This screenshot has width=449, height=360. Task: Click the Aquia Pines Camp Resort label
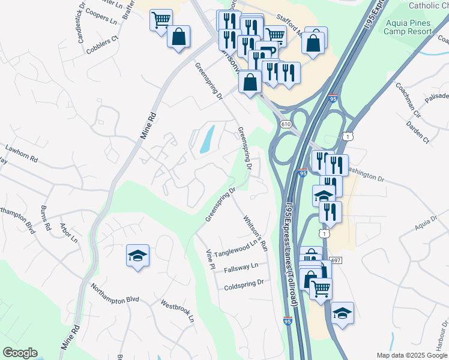tap(408, 27)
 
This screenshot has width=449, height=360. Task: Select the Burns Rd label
tap(44, 219)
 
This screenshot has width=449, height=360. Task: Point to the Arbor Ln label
tap(69, 232)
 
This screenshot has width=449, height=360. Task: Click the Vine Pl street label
tap(210, 258)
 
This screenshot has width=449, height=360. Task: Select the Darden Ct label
tap(418, 133)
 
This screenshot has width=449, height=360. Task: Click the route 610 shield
tap(285, 124)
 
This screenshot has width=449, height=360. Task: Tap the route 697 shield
tap(336, 260)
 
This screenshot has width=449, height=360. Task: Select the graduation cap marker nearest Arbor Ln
tap(137, 255)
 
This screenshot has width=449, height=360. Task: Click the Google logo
tap(20, 353)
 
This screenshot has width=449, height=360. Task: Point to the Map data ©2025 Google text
tap(411, 355)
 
